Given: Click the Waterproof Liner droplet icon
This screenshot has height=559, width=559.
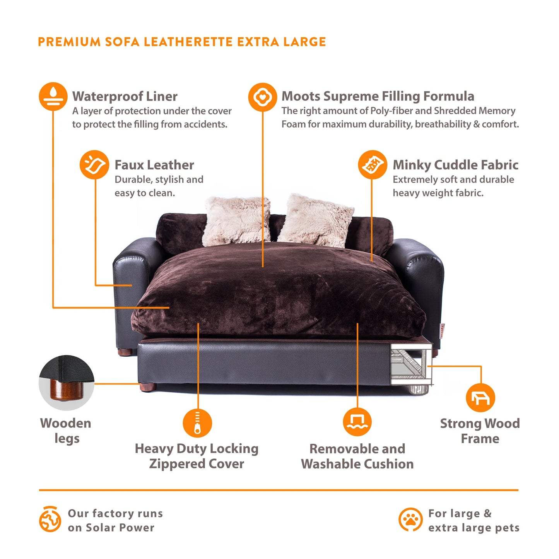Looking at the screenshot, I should [x=53, y=97].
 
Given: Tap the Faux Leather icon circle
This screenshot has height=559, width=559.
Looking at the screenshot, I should [x=94, y=165].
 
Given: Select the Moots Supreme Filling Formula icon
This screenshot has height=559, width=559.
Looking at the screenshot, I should [x=263, y=97].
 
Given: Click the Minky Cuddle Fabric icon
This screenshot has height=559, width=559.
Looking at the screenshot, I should [x=372, y=165].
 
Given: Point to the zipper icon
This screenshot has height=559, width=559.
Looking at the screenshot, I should [x=197, y=423].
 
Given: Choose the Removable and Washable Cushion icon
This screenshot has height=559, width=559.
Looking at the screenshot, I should [x=357, y=422].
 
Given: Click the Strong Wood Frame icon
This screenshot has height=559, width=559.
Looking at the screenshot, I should [x=480, y=398].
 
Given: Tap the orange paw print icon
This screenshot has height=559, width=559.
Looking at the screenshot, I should [x=410, y=520].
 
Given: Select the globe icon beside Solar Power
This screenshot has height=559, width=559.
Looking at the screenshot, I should [x=50, y=519].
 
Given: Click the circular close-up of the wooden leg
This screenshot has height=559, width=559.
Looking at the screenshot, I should [x=67, y=383].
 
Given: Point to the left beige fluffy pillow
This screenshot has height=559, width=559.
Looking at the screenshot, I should [x=237, y=221].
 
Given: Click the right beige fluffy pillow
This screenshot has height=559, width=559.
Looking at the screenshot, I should [x=316, y=221].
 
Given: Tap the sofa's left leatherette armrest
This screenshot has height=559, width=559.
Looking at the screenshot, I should [x=132, y=282].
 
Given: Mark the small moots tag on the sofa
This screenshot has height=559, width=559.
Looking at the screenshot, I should [x=442, y=331].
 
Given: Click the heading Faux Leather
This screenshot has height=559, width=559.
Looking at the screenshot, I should [x=154, y=165].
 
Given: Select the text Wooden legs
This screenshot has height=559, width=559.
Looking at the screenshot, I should [x=66, y=431].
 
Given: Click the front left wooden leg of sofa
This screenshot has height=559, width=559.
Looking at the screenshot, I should [x=149, y=387].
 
